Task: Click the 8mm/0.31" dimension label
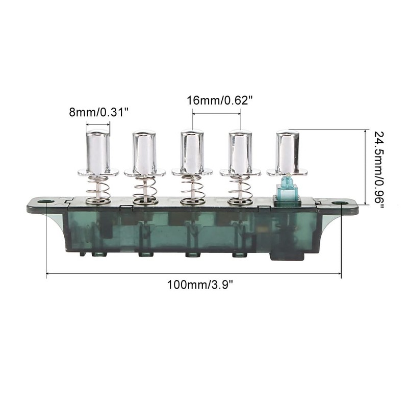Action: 97,112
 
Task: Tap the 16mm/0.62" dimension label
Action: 220,100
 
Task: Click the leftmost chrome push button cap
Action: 97,152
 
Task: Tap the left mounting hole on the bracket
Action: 45,202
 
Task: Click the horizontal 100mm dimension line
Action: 127,274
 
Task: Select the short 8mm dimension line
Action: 97,124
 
